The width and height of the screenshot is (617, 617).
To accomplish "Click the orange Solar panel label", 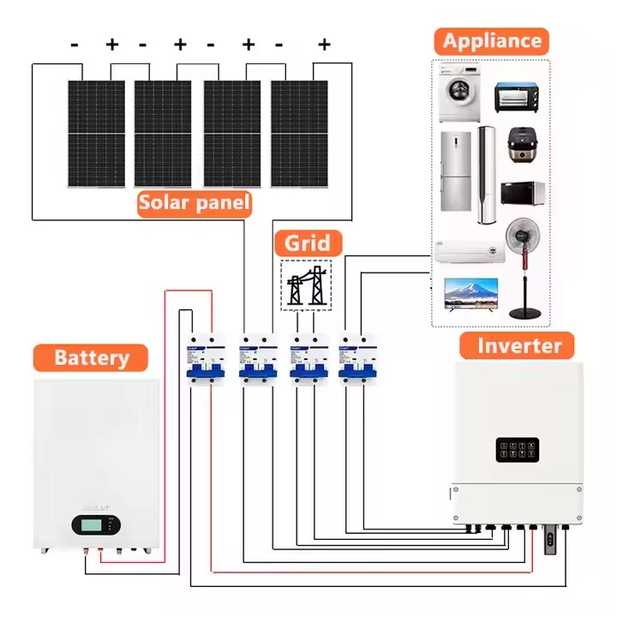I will point(195,203).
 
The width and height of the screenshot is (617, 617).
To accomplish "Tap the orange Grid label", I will point(308,243).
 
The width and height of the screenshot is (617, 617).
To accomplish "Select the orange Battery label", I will point(91,357).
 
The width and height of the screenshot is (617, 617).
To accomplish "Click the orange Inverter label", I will point(518,346).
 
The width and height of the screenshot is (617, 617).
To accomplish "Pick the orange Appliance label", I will point(491,40).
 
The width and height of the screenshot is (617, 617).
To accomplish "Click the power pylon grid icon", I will point(306,285).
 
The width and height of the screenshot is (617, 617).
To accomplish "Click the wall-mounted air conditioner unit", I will point(468,251).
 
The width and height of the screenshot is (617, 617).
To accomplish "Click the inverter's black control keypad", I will point(517,452).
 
